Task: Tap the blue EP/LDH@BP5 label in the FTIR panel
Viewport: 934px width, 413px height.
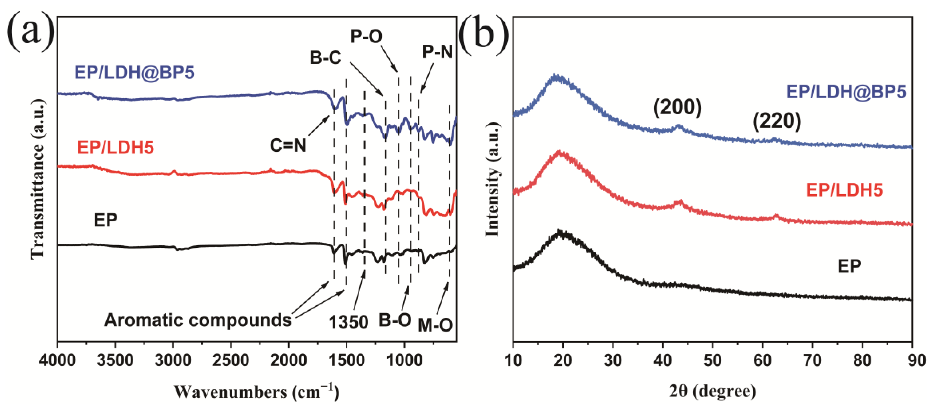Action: [134, 72]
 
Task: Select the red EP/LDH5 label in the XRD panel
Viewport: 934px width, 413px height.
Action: [844, 190]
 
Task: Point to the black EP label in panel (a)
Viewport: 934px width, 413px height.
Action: [105, 220]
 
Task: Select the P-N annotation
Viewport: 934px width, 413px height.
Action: [437, 52]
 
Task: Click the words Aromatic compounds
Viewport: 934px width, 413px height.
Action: [198, 320]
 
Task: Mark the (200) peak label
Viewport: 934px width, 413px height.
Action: [677, 108]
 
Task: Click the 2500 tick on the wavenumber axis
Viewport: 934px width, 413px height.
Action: [231, 361]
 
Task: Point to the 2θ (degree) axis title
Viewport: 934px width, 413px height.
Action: [713, 391]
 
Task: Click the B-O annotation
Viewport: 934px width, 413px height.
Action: [395, 320]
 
